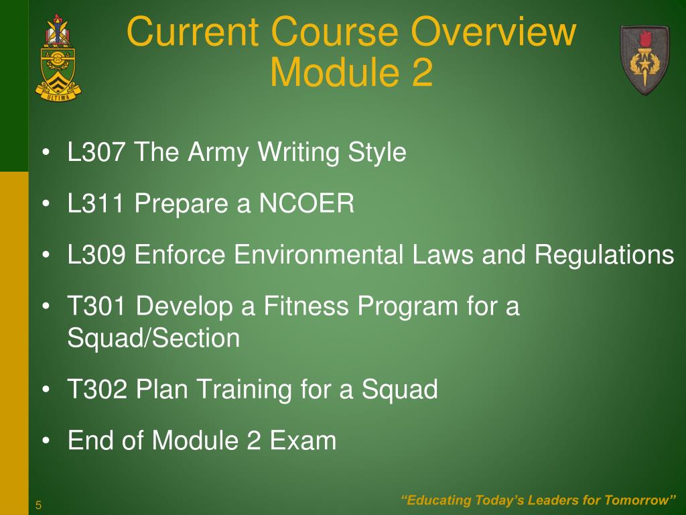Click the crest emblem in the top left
(58, 57)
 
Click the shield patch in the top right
(644, 60)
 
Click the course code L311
(96, 205)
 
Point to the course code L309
(96, 255)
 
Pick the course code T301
(97, 307)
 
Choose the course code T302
(97, 389)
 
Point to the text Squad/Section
(153, 338)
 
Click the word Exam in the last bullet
(303, 441)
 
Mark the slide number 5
(39, 505)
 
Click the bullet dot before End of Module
(46, 441)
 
